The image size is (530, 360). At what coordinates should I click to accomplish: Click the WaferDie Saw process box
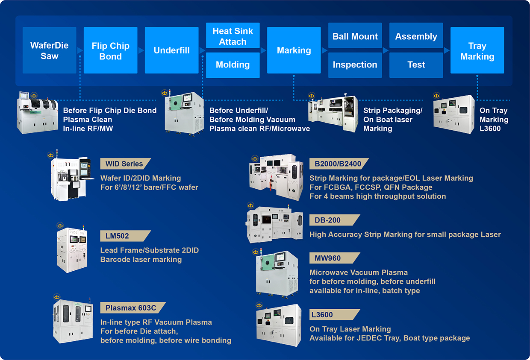click(x=49, y=50)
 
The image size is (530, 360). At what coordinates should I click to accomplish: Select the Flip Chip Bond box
click(x=110, y=50)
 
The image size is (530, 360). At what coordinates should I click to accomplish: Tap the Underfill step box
click(x=171, y=50)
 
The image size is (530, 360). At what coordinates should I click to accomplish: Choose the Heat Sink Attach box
click(x=233, y=36)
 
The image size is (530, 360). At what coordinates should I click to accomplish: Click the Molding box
click(x=233, y=65)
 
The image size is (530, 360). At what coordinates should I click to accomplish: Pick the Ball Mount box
click(x=355, y=36)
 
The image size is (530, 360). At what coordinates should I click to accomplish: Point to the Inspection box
click(x=355, y=65)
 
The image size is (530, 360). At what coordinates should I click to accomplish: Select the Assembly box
click(x=416, y=36)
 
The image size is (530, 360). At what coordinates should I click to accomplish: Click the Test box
click(x=416, y=65)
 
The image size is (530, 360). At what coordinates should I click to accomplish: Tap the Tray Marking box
click(x=477, y=50)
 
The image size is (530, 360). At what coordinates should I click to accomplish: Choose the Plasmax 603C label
click(x=127, y=308)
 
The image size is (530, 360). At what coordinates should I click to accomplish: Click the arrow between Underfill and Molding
click(x=203, y=50)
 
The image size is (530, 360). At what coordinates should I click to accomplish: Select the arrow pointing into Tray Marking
click(x=447, y=50)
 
